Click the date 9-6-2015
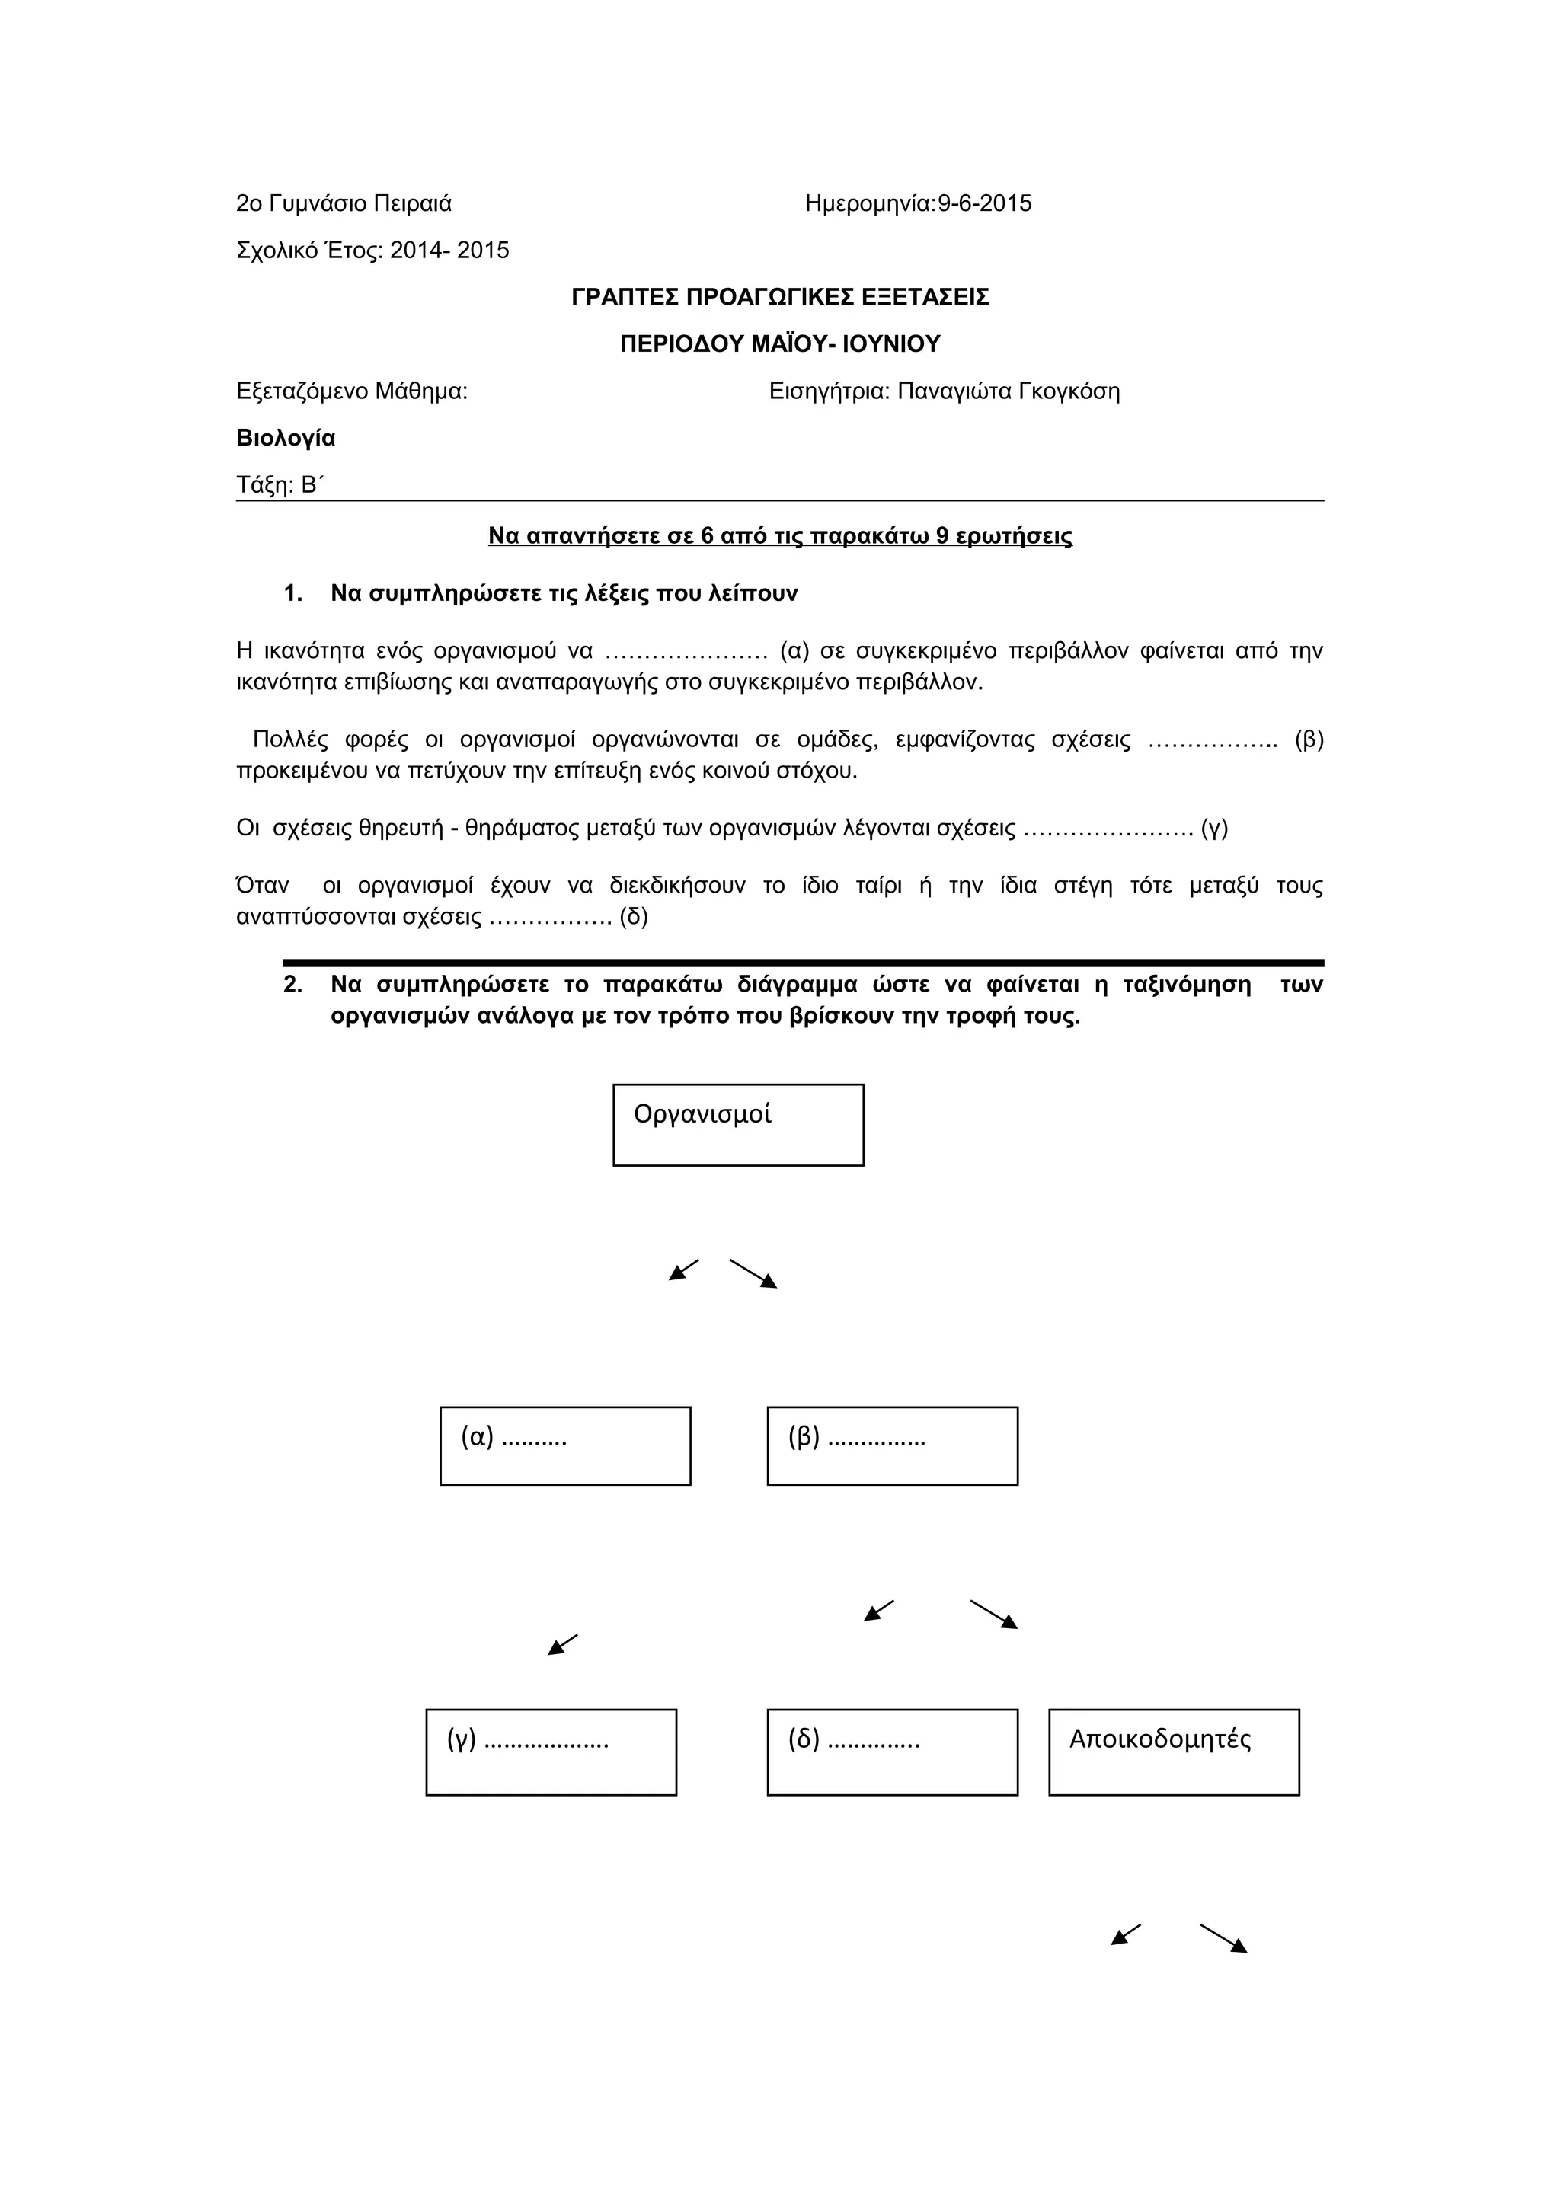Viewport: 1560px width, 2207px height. point(984,204)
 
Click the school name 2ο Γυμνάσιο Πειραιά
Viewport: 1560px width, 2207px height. point(343,204)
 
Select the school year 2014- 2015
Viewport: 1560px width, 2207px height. point(449,251)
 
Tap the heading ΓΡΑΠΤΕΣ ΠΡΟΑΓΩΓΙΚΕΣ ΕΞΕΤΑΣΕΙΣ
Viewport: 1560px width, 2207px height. point(779,297)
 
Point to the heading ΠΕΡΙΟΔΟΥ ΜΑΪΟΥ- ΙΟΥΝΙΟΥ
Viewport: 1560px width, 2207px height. point(779,344)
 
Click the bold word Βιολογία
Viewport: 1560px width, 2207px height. point(286,439)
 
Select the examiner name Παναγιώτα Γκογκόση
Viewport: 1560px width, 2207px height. point(1009,391)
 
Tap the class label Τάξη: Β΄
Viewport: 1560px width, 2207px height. point(279,485)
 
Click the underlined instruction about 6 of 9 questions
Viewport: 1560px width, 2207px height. point(779,536)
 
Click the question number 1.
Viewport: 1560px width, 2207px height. point(293,594)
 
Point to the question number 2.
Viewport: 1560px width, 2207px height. point(293,984)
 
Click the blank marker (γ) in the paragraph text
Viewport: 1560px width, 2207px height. point(1214,829)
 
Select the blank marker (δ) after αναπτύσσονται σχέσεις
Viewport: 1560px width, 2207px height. point(634,917)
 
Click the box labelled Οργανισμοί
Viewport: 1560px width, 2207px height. point(738,1125)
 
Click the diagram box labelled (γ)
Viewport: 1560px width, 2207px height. point(551,1752)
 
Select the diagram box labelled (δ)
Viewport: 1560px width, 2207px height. point(892,1752)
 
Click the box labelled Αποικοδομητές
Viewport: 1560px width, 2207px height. point(1174,1752)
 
